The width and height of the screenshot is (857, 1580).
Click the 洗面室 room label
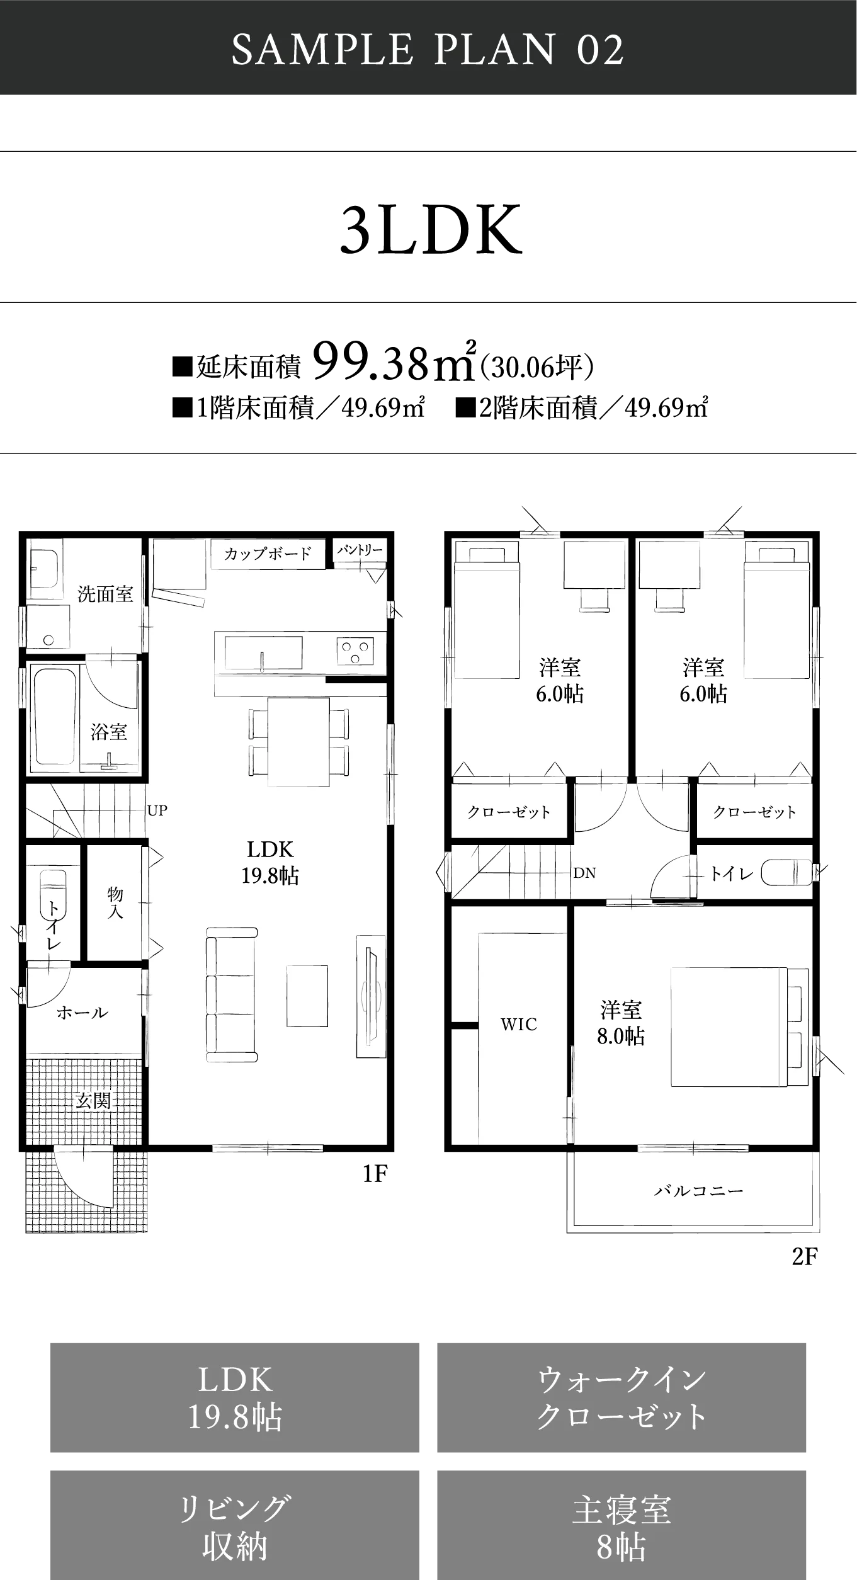pyautogui.click(x=105, y=594)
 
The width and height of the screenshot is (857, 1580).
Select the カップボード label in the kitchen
pyautogui.click(x=268, y=554)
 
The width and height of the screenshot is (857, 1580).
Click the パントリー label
pyautogui.click(x=360, y=550)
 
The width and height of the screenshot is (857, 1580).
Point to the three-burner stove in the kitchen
pyautogui.click(x=355, y=651)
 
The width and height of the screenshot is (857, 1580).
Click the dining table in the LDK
pyautogui.click(x=298, y=742)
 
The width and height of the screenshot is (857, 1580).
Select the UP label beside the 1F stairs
pyautogui.click(x=157, y=810)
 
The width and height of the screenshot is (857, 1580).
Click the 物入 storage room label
pyautogui.click(x=115, y=902)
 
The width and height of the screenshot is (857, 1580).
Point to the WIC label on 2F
pyautogui.click(x=519, y=1025)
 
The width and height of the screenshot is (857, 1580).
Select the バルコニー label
pyautogui.click(x=699, y=1191)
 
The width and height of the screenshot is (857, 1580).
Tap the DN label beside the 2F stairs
pyautogui.click(x=584, y=873)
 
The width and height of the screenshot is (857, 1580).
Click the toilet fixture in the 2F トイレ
pyautogui.click(x=786, y=873)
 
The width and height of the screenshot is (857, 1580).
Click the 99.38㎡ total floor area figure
pyautogui.click(x=394, y=363)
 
